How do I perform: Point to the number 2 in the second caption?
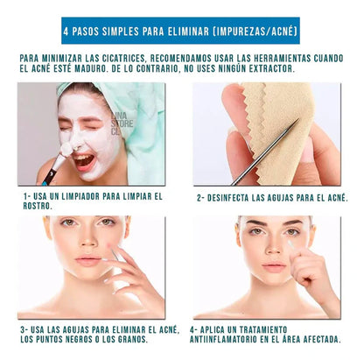[x=200, y=199]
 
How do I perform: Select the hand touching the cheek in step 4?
[x=311, y=272]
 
